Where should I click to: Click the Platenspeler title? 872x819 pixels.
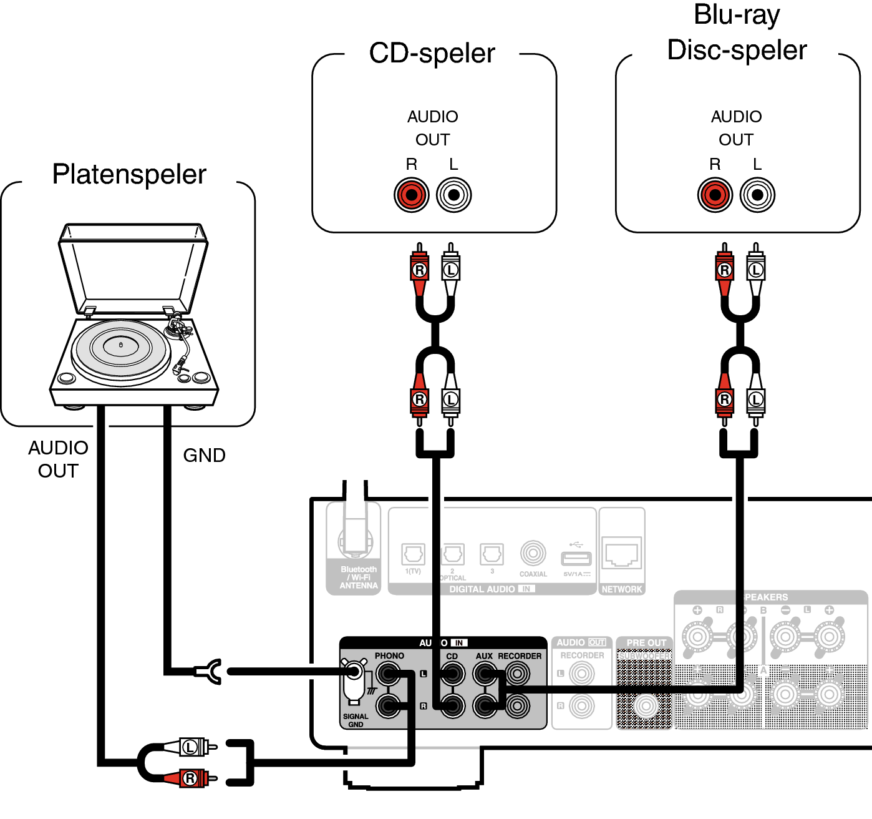click(x=129, y=174)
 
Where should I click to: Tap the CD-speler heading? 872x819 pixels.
click(x=432, y=53)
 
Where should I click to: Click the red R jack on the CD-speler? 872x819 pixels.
click(x=411, y=195)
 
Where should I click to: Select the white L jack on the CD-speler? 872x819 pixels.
click(x=453, y=195)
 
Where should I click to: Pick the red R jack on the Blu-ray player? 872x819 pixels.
click(x=715, y=195)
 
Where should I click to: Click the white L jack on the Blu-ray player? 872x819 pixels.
click(x=757, y=195)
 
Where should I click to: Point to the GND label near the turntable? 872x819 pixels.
click(x=204, y=455)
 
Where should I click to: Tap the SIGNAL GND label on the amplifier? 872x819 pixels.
click(x=356, y=720)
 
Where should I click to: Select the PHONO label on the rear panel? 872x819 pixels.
click(x=389, y=656)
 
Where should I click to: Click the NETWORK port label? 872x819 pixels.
click(x=621, y=589)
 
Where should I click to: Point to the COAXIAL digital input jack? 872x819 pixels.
click(x=533, y=553)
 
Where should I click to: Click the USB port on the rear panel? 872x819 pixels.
click(x=576, y=557)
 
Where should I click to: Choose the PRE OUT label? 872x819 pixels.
click(x=646, y=642)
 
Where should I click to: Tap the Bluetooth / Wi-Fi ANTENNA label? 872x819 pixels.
click(x=359, y=577)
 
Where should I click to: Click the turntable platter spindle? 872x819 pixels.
click(x=121, y=345)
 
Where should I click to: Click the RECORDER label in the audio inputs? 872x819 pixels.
click(x=520, y=656)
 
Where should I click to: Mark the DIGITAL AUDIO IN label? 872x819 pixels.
click(x=492, y=589)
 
